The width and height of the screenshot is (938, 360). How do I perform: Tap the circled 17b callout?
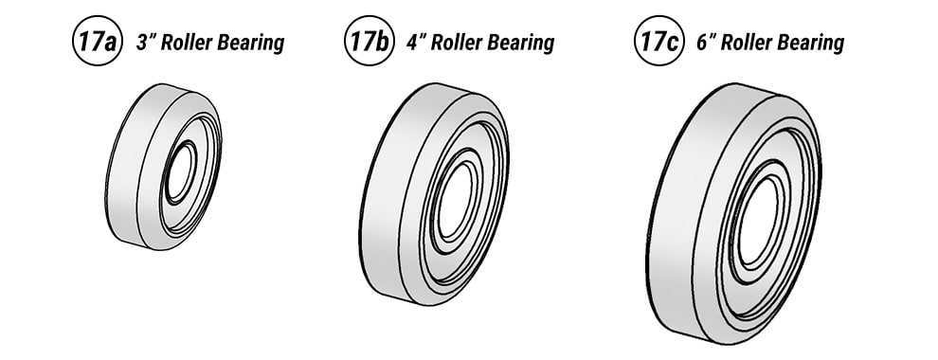367,44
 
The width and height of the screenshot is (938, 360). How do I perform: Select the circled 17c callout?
657,44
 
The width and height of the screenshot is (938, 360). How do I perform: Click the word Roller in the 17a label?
189,43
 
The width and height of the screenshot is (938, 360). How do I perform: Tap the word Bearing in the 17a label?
253,44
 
